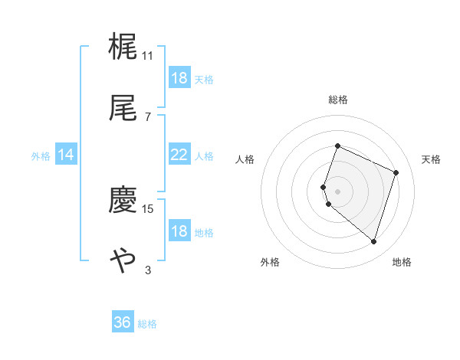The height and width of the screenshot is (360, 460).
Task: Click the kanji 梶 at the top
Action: coord(123,46)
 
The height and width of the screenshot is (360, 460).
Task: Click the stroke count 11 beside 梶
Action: coord(148,55)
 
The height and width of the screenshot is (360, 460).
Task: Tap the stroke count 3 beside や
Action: coord(148,270)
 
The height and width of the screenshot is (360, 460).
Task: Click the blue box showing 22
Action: coord(179,155)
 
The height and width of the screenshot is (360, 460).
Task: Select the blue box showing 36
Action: coord(123,322)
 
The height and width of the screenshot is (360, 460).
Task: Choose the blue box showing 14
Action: coord(66,155)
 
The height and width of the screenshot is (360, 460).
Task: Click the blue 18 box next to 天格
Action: coord(179,78)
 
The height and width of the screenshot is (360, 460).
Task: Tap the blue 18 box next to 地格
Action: coord(179,231)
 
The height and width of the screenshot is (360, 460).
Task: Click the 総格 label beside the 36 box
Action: coord(147,324)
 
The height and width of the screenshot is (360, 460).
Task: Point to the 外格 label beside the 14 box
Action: coord(41,155)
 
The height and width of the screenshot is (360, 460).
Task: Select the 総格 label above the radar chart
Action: coord(337,100)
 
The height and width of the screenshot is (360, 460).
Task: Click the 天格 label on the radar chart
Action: coord(431,159)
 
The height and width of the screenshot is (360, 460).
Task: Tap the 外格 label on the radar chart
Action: coord(270,262)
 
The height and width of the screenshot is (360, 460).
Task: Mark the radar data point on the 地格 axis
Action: coord(373,242)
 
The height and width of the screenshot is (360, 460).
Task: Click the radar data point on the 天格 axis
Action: coord(396,172)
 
